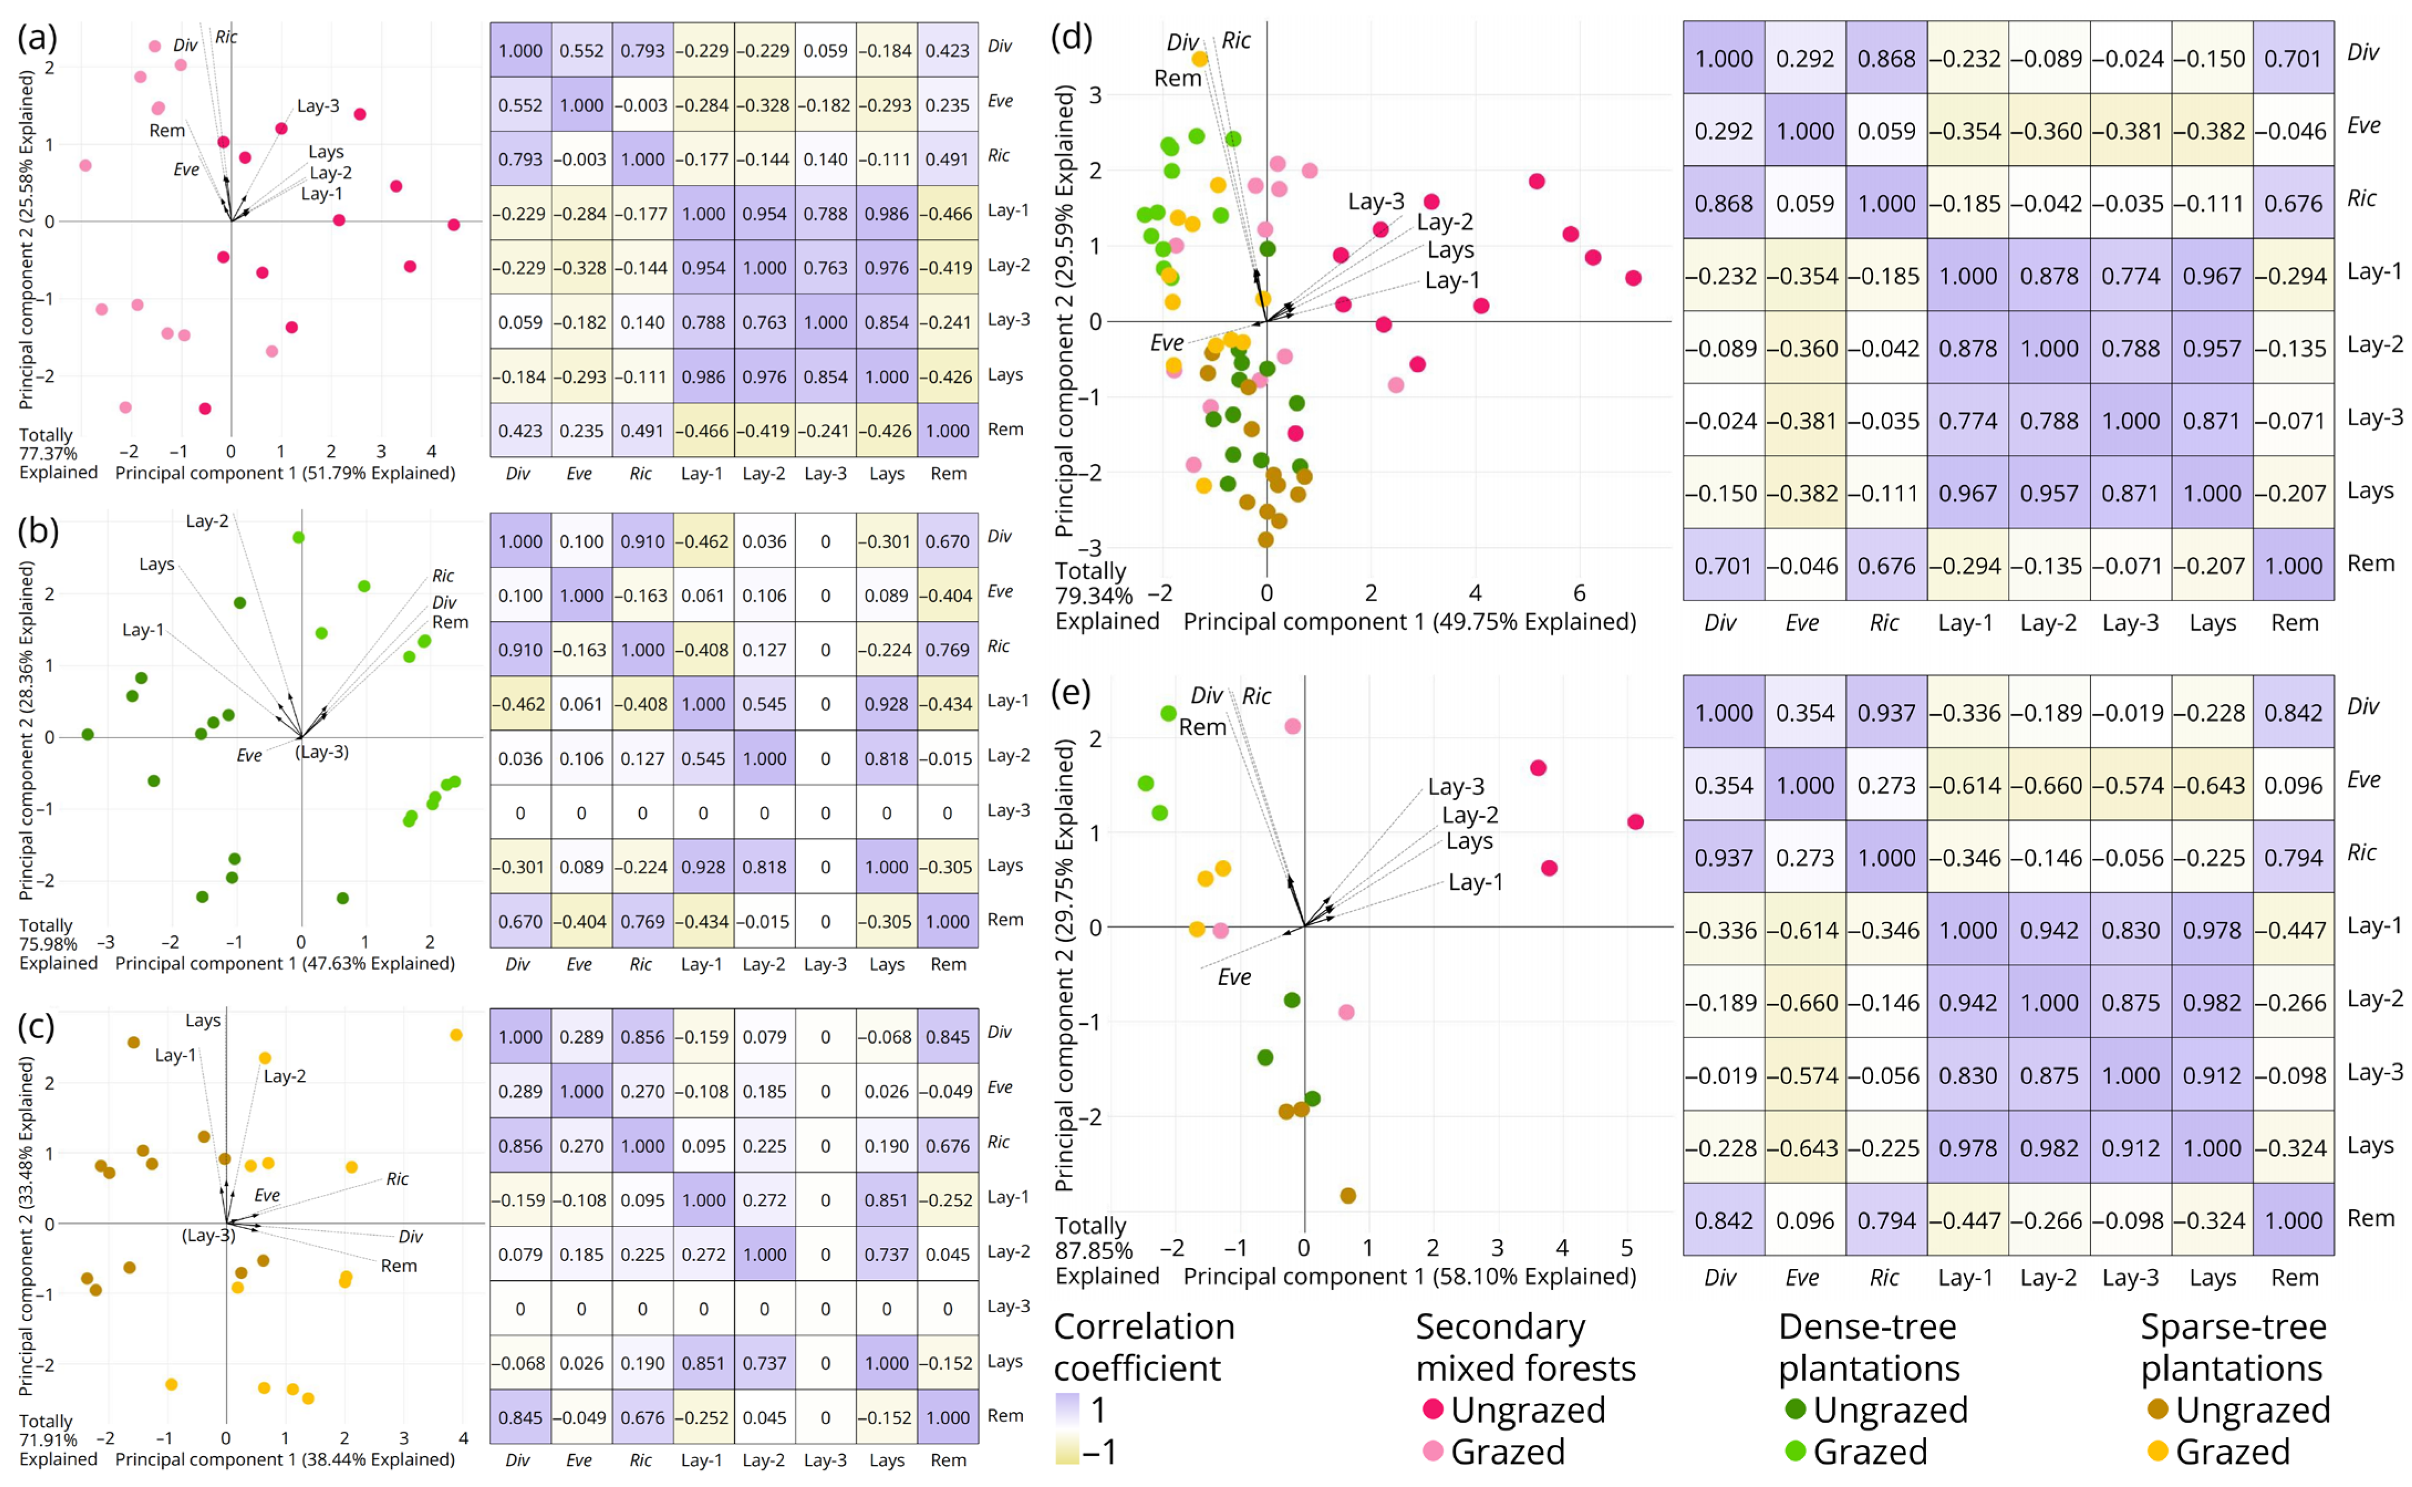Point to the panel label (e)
(1071, 693)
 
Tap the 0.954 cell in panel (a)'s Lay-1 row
(764, 214)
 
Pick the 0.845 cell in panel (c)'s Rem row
(520, 1417)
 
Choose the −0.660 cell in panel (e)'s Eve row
(2049, 785)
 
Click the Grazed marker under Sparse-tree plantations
(2159, 1450)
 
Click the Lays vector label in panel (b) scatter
(157, 563)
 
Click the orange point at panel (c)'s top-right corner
(457, 1035)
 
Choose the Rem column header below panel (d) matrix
(2294, 623)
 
